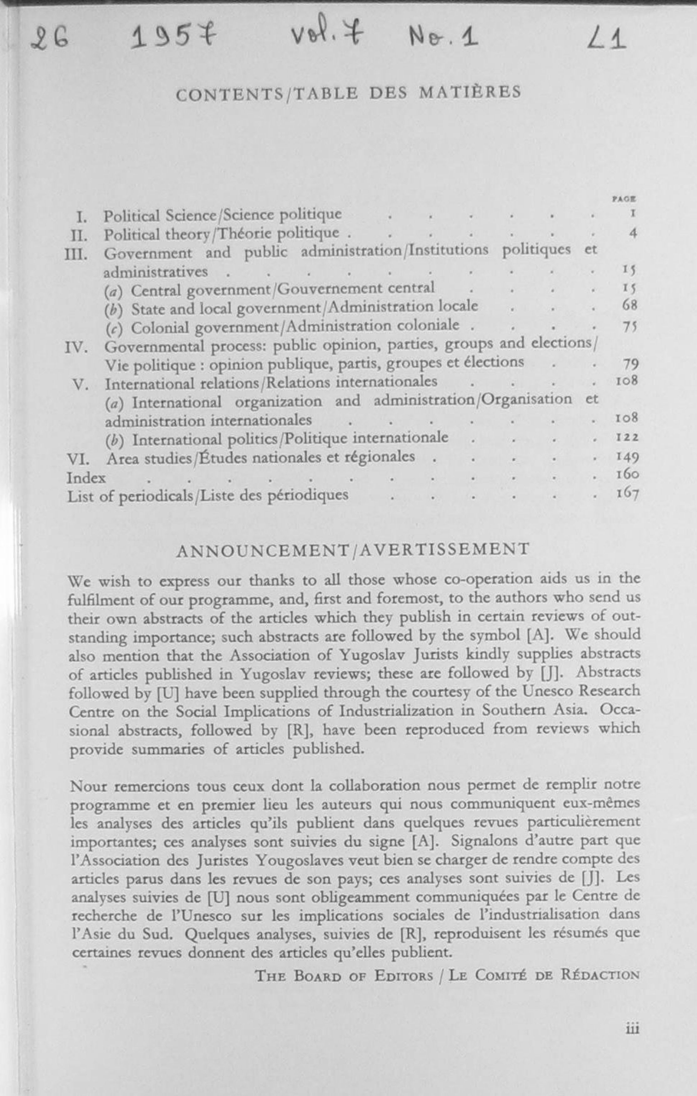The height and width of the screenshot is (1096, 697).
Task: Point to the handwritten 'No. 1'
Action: (x=443, y=37)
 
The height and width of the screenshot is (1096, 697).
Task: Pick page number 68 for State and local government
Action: (x=629, y=305)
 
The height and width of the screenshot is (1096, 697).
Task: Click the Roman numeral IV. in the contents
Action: (x=76, y=348)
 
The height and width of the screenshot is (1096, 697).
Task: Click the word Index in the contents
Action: (x=86, y=478)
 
